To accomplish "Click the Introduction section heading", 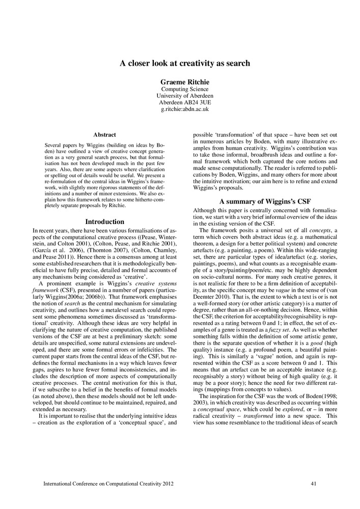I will coord(104,222).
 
